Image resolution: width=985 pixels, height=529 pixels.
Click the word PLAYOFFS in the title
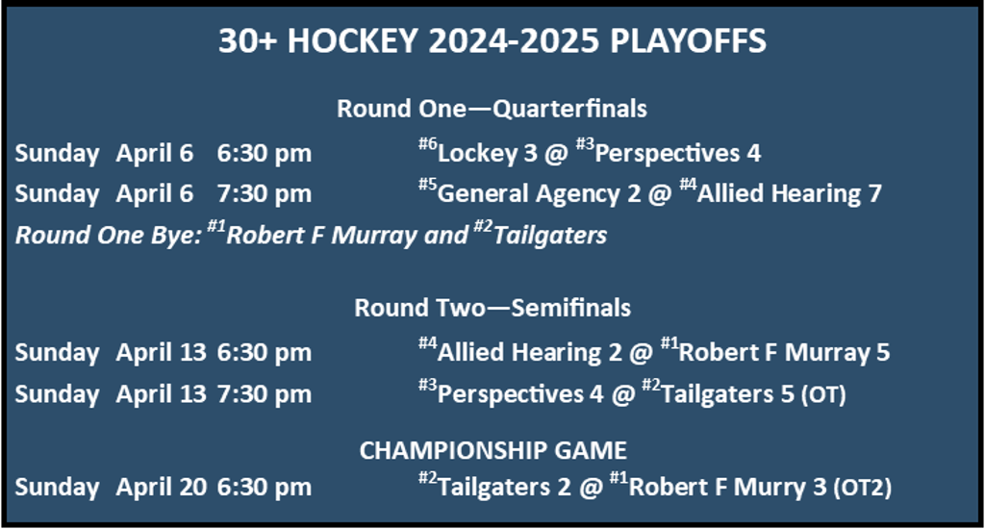688,40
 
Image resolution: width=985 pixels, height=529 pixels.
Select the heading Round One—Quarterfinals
492,109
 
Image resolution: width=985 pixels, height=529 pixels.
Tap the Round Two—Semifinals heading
492,308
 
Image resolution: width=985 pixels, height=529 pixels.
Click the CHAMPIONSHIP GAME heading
493,450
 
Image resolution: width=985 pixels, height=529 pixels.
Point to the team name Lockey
477,154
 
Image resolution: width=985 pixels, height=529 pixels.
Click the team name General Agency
529,194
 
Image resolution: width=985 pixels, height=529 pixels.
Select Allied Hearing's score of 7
875,193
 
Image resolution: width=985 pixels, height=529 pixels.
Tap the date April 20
161,488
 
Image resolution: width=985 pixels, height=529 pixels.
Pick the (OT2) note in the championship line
863,488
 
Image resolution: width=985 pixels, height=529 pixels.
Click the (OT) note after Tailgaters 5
823,394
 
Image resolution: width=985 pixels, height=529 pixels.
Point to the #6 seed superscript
428,144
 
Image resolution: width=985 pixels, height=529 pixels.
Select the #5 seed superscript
428,185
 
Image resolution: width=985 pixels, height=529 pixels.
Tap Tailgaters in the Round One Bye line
550,236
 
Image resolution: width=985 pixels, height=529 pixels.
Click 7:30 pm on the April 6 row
264,194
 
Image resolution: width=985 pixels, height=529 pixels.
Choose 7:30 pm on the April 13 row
264,394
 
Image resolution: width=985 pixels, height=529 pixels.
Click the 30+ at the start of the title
247,40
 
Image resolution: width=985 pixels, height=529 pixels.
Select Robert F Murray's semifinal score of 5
883,352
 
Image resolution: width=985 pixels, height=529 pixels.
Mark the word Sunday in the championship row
57,488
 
